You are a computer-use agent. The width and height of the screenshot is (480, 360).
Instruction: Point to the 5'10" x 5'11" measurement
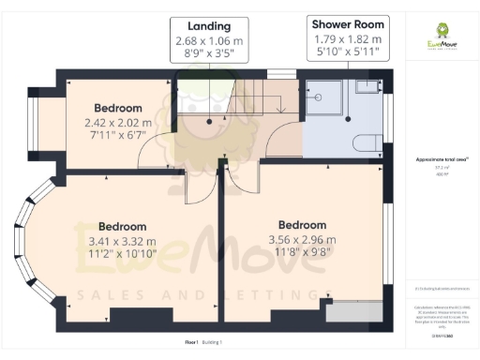(x=348, y=54)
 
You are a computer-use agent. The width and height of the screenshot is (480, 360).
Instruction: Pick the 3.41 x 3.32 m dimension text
(x=123, y=242)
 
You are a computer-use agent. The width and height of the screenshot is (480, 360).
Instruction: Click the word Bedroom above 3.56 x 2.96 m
(x=303, y=225)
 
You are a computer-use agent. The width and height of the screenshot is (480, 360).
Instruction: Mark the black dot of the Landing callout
(x=207, y=121)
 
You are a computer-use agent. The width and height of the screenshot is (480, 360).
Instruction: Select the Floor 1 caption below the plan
(x=192, y=343)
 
